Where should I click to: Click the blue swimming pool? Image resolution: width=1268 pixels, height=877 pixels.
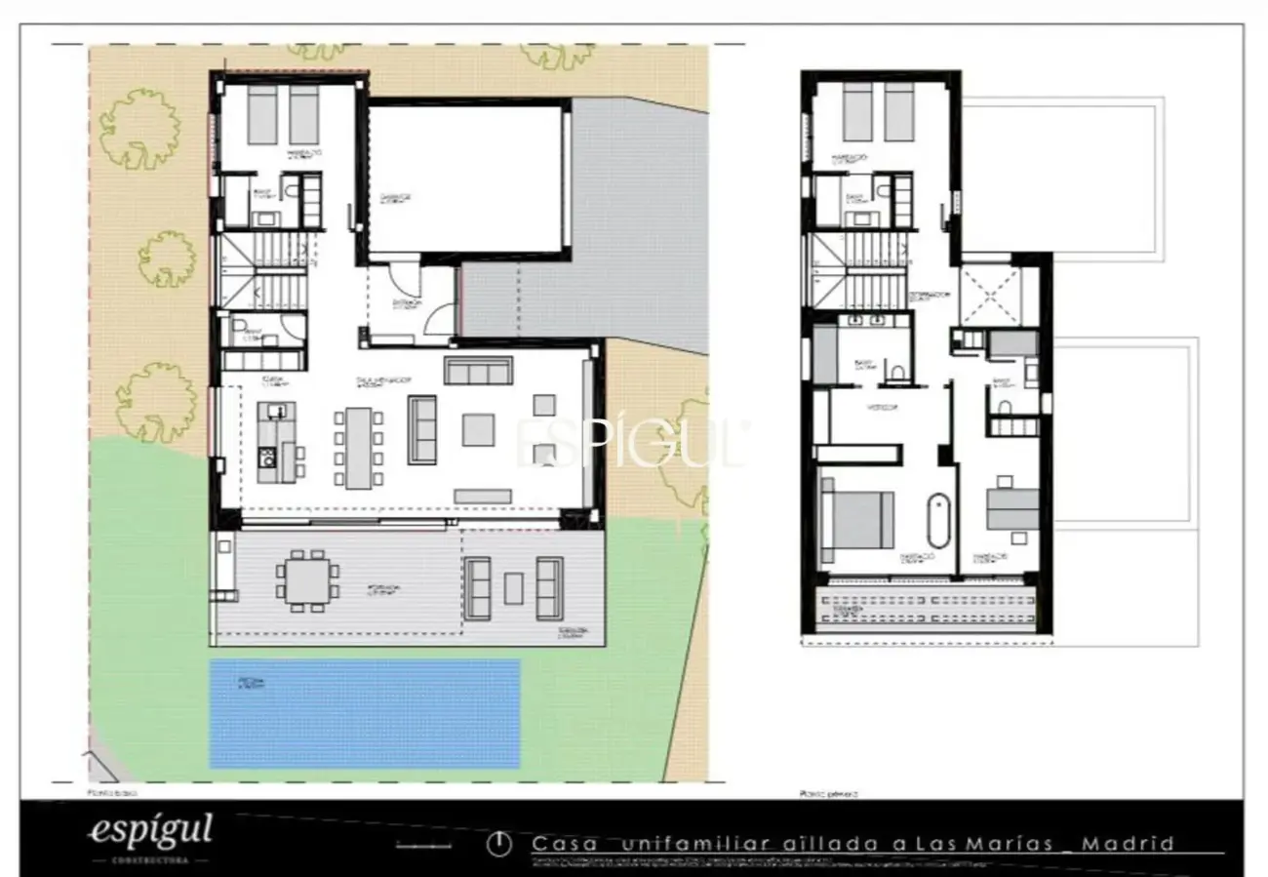[x=365, y=713]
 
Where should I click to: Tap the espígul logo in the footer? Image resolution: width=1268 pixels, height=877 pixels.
[x=150, y=831]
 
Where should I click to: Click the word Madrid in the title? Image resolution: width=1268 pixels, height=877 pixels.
[x=1129, y=844]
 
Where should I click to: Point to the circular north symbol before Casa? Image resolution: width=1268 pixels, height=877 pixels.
[x=499, y=845]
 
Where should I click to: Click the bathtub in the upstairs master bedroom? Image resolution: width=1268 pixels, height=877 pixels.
[x=936, y=521]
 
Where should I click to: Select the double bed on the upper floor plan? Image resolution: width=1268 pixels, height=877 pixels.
[x=857, y=519]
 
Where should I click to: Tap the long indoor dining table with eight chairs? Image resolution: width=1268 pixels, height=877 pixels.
[x=358, y=447]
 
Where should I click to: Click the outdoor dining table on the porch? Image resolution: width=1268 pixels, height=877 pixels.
[x=306, y=581]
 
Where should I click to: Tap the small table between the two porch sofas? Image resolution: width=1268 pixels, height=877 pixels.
[x=513, y=588]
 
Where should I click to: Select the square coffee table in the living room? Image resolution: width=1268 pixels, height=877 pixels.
[x=478, y=429]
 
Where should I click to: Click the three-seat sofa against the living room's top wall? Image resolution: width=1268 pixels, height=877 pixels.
[x=478, y=371]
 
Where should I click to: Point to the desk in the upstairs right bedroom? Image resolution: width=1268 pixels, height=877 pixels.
[x=1012, y=509]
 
